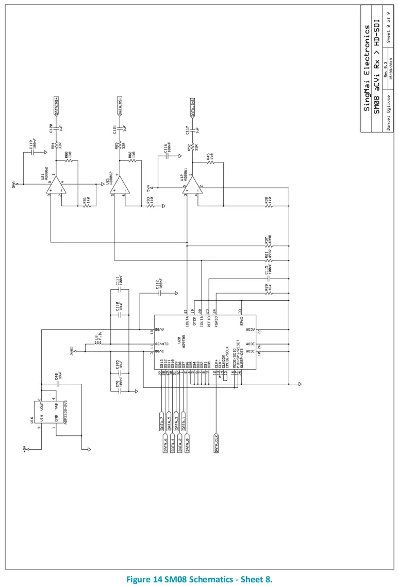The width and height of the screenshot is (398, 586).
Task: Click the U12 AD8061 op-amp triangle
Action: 191,186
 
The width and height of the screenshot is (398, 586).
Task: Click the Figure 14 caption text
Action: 199,578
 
